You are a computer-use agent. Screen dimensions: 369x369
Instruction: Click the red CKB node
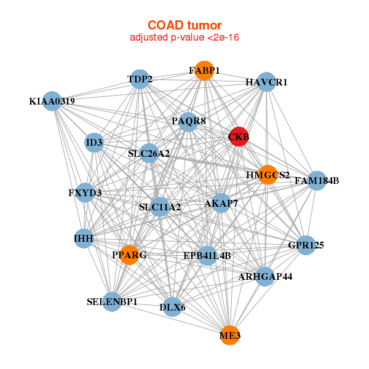239,137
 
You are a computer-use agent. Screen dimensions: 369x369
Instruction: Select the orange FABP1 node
204,71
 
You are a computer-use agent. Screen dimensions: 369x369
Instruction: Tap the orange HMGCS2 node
268,175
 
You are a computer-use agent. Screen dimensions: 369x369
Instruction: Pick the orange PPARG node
129,255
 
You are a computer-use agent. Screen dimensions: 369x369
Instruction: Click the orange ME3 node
229,335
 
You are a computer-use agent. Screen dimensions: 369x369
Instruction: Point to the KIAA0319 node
52,101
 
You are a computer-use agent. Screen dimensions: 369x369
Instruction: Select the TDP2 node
140,79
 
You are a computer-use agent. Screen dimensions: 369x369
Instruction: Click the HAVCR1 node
266,82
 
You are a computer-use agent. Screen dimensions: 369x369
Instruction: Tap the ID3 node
95,143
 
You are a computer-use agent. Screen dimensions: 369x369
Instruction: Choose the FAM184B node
317,181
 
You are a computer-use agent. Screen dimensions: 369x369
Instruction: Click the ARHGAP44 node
266,277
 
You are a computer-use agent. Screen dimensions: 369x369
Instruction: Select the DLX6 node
172,306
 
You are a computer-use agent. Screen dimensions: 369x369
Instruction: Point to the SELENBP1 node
111,302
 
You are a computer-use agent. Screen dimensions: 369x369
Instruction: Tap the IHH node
84,238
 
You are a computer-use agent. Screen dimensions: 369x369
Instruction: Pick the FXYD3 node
85,193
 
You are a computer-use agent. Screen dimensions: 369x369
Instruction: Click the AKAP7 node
221,203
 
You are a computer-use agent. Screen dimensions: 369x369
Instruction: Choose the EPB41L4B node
207,255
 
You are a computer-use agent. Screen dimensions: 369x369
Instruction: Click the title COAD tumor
184,25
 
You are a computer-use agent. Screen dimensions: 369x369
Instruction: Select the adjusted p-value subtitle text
184,38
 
